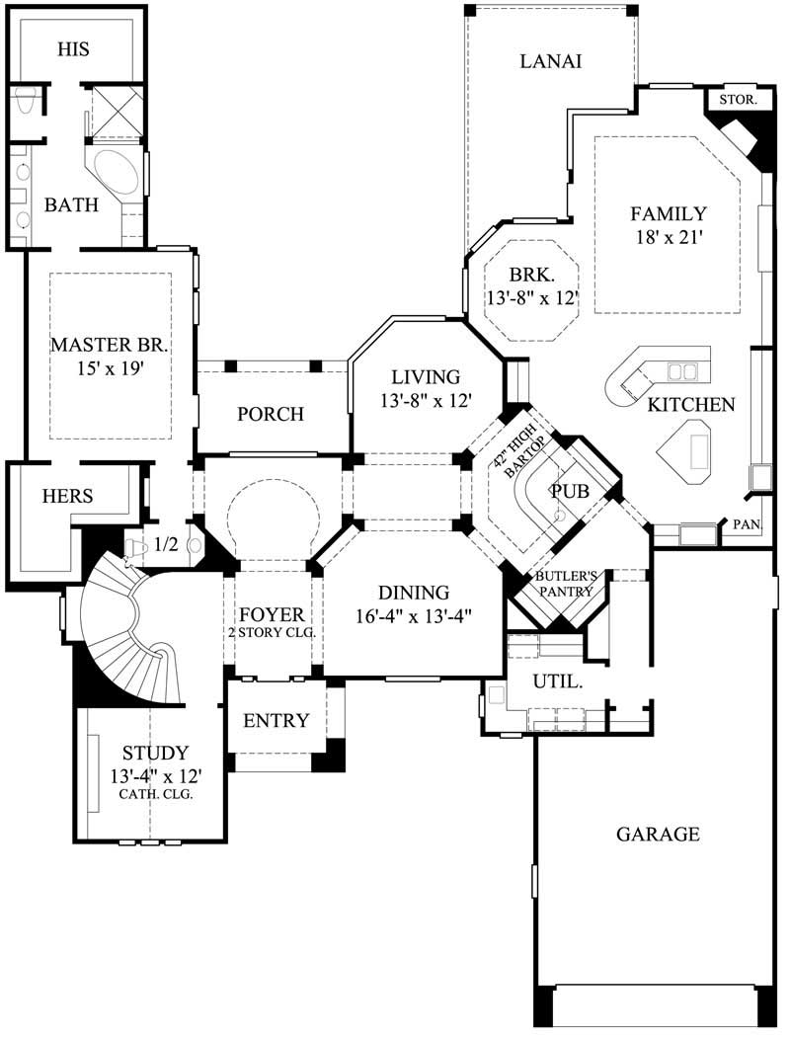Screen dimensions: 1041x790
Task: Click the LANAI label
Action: coord(550,61)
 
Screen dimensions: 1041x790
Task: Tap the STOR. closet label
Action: coord(737,100)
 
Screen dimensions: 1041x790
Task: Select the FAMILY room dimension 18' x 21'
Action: coord(669,237)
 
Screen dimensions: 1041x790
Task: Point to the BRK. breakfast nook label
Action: coord(531,275)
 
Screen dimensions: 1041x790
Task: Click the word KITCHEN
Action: coord(691,404)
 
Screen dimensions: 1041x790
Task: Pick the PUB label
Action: coord(570,491)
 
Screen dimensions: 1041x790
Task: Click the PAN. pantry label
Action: coord(746,526)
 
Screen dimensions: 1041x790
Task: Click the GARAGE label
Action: coord(658,834)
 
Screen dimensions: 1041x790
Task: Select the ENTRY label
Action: coord(276,720)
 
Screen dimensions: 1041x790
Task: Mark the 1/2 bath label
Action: coord(166,544)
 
